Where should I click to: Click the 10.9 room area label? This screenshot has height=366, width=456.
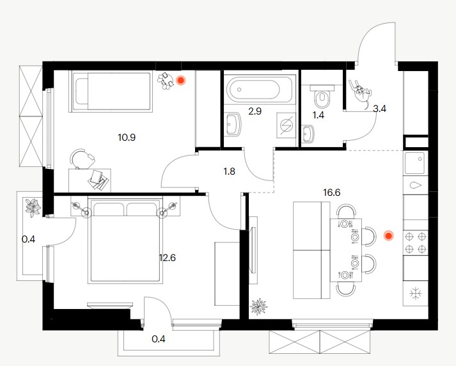[127, 138]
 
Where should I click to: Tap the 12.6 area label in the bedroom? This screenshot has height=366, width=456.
[167, 258]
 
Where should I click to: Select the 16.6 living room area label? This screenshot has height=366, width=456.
[331, 193]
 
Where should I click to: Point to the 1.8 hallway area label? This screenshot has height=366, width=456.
[229, 171]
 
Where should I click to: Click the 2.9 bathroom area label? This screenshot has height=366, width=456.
[255, 111]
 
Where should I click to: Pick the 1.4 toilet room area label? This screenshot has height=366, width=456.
[318, 115]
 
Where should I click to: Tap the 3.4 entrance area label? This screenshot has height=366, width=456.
[379, 109]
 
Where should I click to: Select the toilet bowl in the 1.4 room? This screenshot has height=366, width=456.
[321, 97]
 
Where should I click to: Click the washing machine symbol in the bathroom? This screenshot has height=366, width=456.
[286, 125]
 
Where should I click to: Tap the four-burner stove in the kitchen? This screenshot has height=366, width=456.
[416, 242]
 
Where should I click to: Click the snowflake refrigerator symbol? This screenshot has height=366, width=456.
[416, 293]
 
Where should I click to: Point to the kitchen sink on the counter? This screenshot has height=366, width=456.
[416, 163]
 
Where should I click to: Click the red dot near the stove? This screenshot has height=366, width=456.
[388, 236]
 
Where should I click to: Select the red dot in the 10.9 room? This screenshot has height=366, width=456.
[181, 80]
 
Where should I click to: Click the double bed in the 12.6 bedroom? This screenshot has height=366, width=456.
[125, 239]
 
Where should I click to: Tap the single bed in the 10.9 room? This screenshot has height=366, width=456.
[111, 91]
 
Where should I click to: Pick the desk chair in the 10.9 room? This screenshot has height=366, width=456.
[83, 159]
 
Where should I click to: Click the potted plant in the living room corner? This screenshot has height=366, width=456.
[258, 306]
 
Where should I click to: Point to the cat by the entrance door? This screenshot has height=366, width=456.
[361, 92]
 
